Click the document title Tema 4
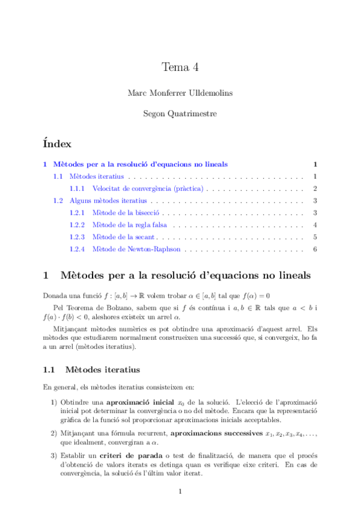pos(180,67)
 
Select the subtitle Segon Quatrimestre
pos(180,113)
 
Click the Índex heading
pos(58,144)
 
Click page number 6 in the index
pos(315,248)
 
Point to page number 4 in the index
pos(315,225)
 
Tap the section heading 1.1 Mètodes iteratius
pos(84,369)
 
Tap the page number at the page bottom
pos(180,493)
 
